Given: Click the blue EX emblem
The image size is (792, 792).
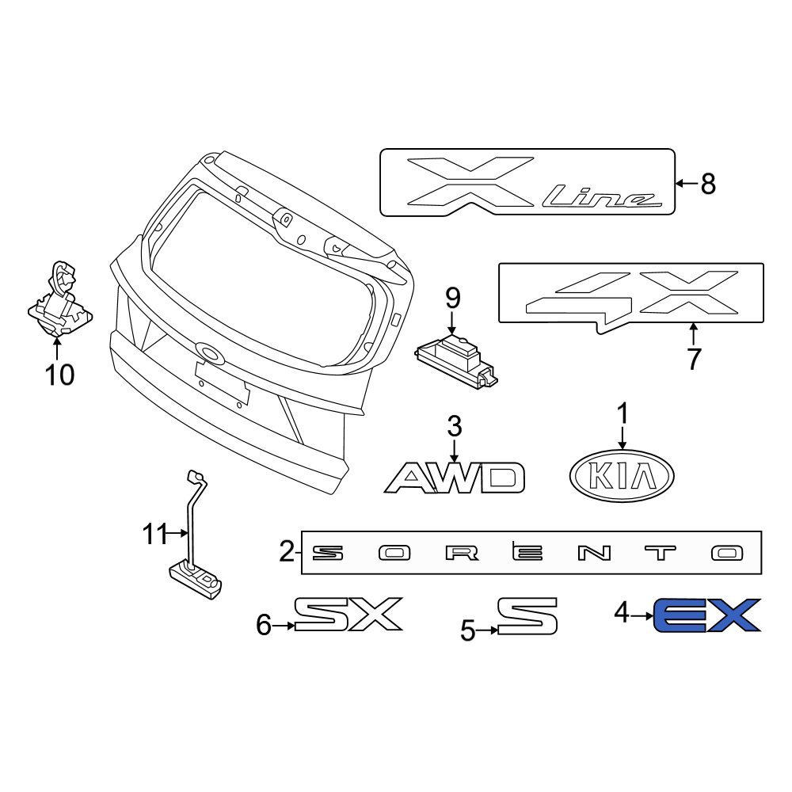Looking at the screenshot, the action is pos(706,615).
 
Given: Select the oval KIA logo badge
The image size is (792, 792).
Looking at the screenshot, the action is pos(622,476).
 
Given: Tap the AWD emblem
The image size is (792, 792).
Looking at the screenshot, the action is pos(455,478).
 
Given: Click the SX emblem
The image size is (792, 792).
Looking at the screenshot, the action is pos(348,614).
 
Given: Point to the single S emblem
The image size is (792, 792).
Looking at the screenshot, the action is pos(527,615).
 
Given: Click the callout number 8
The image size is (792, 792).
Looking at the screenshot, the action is pos(708,184).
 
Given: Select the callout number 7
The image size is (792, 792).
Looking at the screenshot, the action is pos(694,359).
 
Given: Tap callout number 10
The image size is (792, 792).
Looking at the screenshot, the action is pos(59,375).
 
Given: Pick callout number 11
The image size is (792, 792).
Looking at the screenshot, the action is pos(155,534).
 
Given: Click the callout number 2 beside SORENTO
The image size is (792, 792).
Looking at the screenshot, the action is pos(287,551).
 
